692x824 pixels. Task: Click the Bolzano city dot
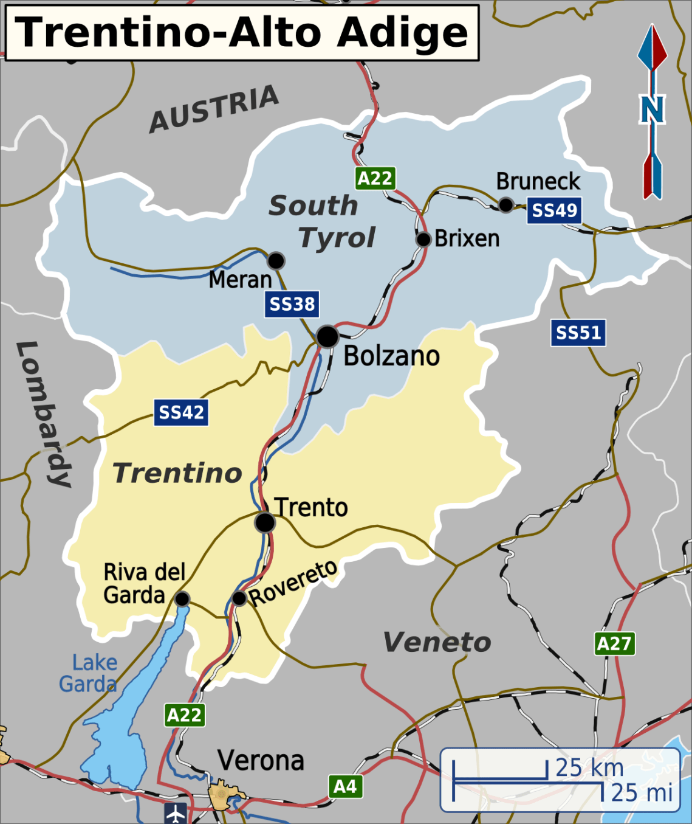[327, 336]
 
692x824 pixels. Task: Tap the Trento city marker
[265, 522]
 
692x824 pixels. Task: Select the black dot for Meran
[276, 261]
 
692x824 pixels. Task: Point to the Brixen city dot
[423, 239]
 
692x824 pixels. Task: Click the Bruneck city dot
[505, 204]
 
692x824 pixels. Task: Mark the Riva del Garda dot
[182, 599]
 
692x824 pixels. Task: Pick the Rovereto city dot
[239, 598]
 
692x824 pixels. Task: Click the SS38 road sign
[292, 304]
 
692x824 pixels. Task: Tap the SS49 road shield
[554, 211]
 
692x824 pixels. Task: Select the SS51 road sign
[578, 333]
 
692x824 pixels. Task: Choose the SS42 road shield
[181, 412]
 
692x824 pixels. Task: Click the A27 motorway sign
[614, 643]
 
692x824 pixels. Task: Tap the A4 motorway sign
[345, 786]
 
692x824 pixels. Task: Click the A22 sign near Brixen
[375, 178]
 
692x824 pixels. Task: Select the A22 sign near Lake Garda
[184, 715]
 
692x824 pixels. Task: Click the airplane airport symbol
[176, 813]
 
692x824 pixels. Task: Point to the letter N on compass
[652, 109]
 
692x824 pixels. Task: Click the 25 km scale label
[589, 768]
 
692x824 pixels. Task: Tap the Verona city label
[261, 761]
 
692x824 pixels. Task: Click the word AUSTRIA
[214, 109]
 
